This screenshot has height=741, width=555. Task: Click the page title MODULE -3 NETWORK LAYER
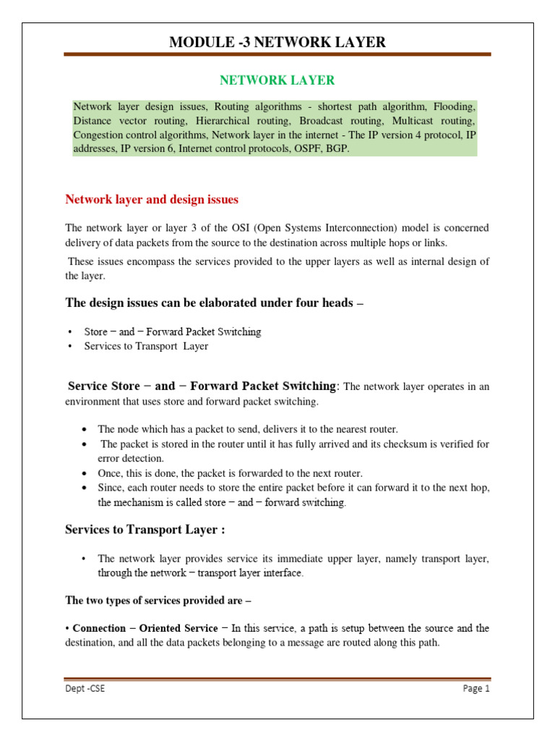277,43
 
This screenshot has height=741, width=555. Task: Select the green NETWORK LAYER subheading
277,80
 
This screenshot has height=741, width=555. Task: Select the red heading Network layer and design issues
152,199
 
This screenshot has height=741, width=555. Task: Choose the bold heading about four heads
214,303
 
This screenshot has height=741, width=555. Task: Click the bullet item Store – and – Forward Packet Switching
172,332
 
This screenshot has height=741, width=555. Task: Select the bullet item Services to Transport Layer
146,346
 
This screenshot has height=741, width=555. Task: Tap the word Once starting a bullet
111,473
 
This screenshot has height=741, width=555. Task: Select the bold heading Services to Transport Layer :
145,530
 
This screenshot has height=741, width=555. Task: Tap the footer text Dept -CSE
85,689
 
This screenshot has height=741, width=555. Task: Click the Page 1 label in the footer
476,689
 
